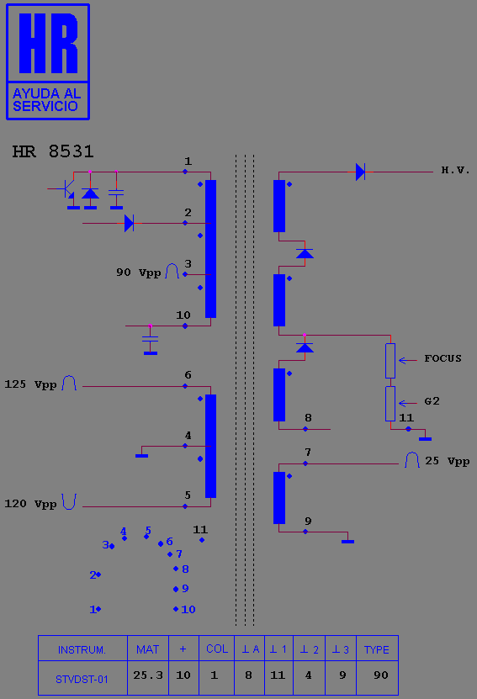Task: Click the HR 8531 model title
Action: [x=53, y=151]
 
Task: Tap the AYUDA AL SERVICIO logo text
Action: [x=46, y=100]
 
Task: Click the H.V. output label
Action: [x=456, y=170]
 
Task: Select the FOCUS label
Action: [x=443, y=358]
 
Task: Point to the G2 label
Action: [x=432, y=401]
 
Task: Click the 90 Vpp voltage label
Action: [x=138, y=273]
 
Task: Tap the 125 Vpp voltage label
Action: [x=30, y=384]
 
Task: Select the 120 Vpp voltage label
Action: [x=30, y=504]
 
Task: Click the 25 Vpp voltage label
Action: [x=447, y=461]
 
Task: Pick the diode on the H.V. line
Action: [x=360, y=172]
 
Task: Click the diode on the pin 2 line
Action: [x=129, y=223]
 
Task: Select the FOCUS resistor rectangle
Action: [x=390, y=361]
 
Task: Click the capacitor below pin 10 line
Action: [x=151, y=340]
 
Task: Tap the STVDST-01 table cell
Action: [x=82, y=680]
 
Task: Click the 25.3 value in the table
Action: [x=148, y=675]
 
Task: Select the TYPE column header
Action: [x=377, y=650]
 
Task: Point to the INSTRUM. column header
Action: [x=82, y=650]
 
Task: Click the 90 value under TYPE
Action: [x=381, y=675]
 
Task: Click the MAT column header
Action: [x=147, y=649]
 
